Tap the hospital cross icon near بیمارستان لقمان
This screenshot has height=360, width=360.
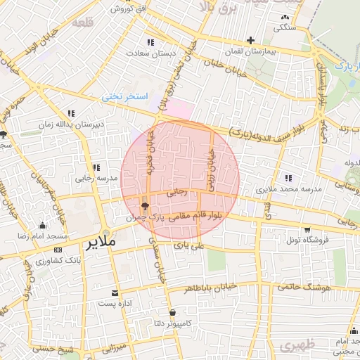point(250,40)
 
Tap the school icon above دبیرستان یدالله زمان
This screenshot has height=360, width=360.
point(71,112)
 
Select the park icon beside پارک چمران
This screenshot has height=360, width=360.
point(145,206)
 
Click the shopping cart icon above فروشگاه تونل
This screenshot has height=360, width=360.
point(307,229)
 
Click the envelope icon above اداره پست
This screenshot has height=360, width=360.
point(115,292)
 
